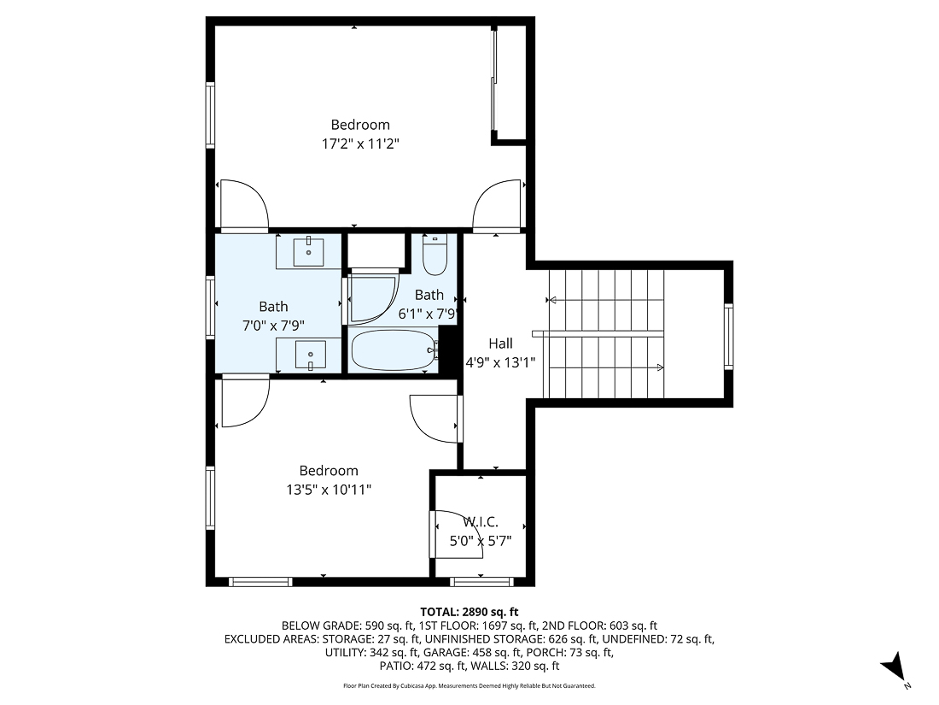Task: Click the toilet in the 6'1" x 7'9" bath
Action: click(435, 256)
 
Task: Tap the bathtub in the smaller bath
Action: click(394, 350)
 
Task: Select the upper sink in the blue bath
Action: click(308, 252)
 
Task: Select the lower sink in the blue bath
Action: click(308, 354)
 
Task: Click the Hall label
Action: click(500, 344)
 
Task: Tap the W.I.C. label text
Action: click(481, 522)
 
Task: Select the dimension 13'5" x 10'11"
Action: click(329, 490)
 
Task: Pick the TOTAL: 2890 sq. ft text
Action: click(469, 611)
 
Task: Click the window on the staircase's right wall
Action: click(728, 336)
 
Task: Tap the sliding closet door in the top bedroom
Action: click(493, 81)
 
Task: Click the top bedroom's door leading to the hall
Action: click(498, 207)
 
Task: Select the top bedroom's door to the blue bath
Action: click(243, 207)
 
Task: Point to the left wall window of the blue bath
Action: click(210, 308)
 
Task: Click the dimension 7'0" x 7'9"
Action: click(274, 325)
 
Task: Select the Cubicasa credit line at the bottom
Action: click(469, 686)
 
